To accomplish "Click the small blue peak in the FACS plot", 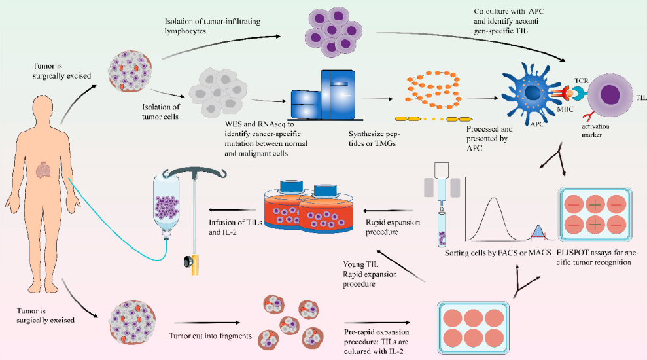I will pyautogui.click(x=538, y=230).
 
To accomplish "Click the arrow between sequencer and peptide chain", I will pyautogui.click(x=379, y=99).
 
